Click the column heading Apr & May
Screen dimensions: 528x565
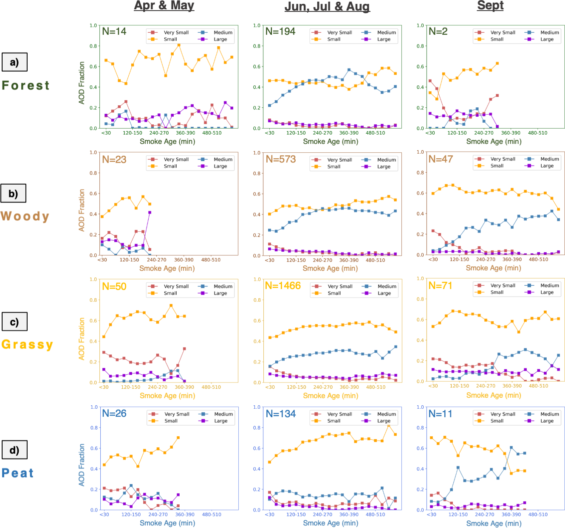pyautogui.click(x=164, y=6)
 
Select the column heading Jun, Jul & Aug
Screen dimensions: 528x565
pyautogui.click(x=327, y=7)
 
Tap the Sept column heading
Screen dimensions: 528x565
pyautogui.click(x=490, y=6)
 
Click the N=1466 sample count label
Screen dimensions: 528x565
pyautogui.click(x=282, y=286)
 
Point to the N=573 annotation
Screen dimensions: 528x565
pyautogui.click(x=280, y=159)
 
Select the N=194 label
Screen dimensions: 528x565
pyautogui.click(x=280, y=31)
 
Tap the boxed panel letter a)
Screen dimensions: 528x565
pyautogui.click(x=14, y=62)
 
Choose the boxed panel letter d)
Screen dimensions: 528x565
pyautogui.click(x=14, y=450)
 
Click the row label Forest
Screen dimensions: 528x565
pyautogui.click(x=25, y=85)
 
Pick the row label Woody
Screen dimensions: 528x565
pyautogui.click(x=25, y=216)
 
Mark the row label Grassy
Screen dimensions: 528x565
pyautogui.click(x=27, y=344)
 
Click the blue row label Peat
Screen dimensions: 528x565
pyautogui.click(x=18, y=473)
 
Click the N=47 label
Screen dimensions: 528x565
pyautogui.click(x=441, y=159)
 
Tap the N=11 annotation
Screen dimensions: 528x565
pyautogui.click(x=440, y=414)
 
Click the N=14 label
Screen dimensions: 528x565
pyautogui.click(x=114, y=31)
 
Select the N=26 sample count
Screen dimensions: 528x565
pyautogui.click(x=114, y=413)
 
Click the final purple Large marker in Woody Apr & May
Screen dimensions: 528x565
pyautogui.click(x=150, y=212)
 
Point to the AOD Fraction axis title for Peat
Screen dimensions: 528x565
pyautogui.click(x=82, y=465)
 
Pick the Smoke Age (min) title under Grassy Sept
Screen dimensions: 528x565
pyautogui.click(x=494, y=395)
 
